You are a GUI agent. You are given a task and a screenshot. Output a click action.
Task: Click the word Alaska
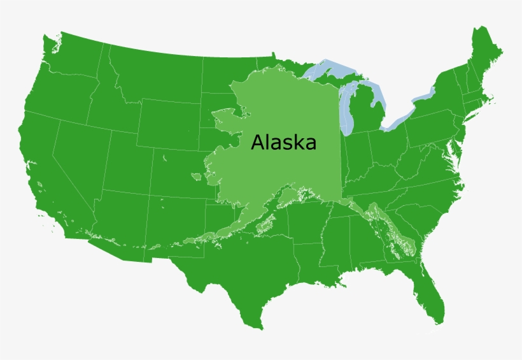coord(283,142)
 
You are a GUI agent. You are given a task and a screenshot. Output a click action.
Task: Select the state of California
coord(48,172)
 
